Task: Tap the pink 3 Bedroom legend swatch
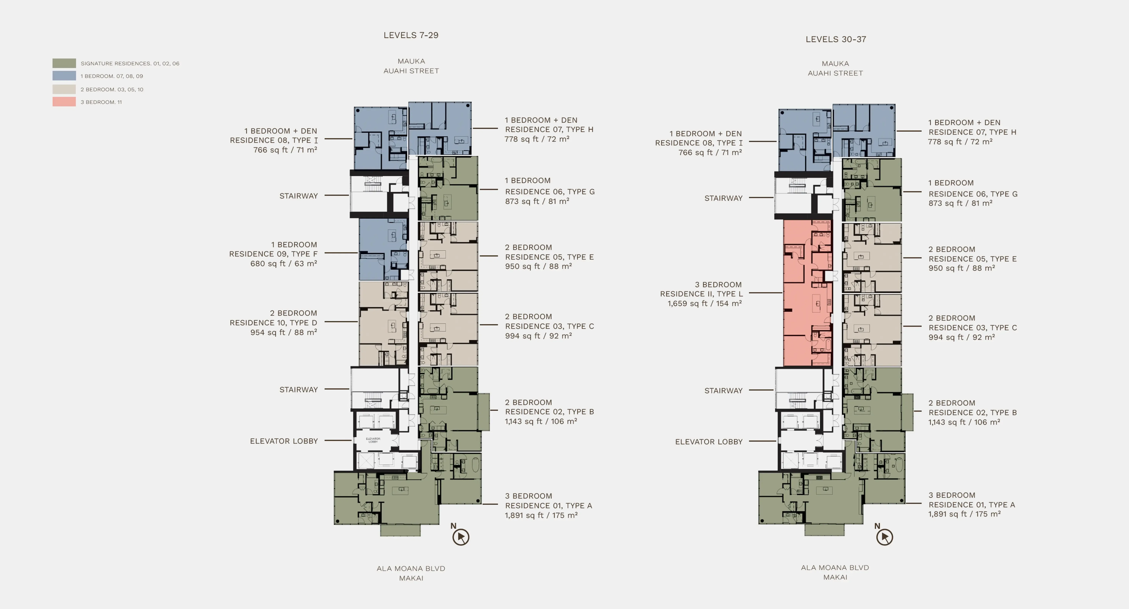64,102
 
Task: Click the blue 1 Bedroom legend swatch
64,76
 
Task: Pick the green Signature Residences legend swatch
64,63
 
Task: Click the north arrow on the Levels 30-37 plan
884,537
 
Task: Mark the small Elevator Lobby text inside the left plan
373,440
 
